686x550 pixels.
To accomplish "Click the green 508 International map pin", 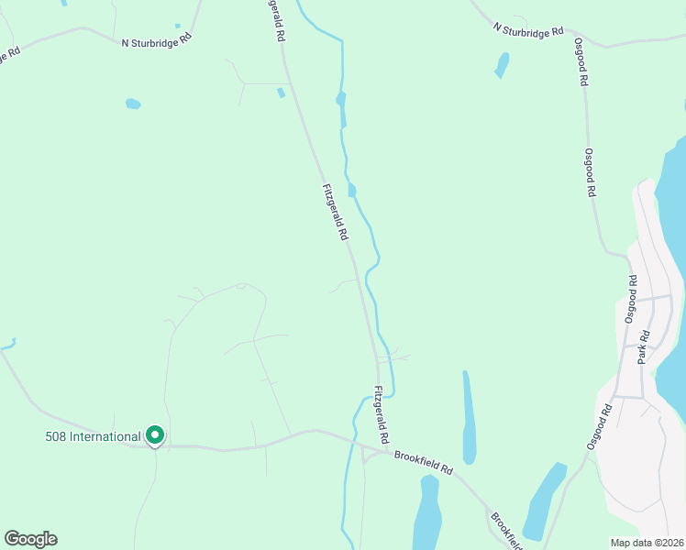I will pyautogui.click(x=155, y=436).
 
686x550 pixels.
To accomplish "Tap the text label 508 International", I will pyautogui.click(x=93, y=436).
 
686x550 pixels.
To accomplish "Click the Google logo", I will pyautogui.click(x=30, y=539).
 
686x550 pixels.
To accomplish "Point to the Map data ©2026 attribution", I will pyautogui.click(x=647, y=542).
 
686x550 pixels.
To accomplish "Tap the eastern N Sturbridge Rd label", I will pyautogui.click(x=528, y=30).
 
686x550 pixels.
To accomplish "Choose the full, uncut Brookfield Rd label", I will pyautogui.click(x=424, y=461).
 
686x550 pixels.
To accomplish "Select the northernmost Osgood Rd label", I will pyautogui.click(x=581, y=61).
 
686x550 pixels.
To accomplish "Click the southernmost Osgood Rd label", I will pyautogui.click(x=597, y=426).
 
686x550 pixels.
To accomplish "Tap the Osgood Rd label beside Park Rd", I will pyautogui.click(x=630, y=299).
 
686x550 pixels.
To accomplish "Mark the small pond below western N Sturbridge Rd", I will pyautogui.click(x=133, y=104).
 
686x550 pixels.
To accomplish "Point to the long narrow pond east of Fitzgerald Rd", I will pyautogui.click(x=469, y=417).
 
